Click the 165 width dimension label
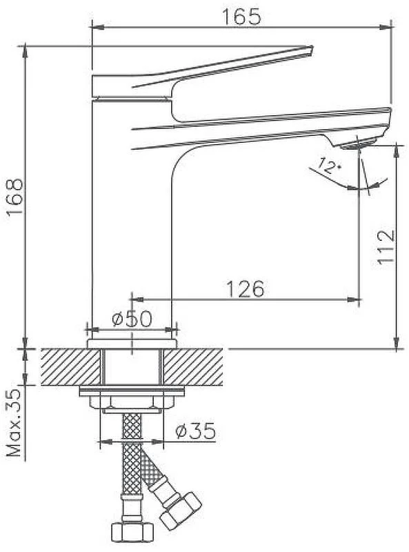tap(243, 16)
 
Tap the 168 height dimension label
tap(15, 197)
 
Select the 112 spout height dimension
tap(385, 247)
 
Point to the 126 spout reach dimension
tap(245, 288)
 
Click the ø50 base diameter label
tap(132, 319)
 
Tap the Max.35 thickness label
tap(15, 422)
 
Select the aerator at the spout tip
tap(359, 144)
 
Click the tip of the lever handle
tap(311, 48)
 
